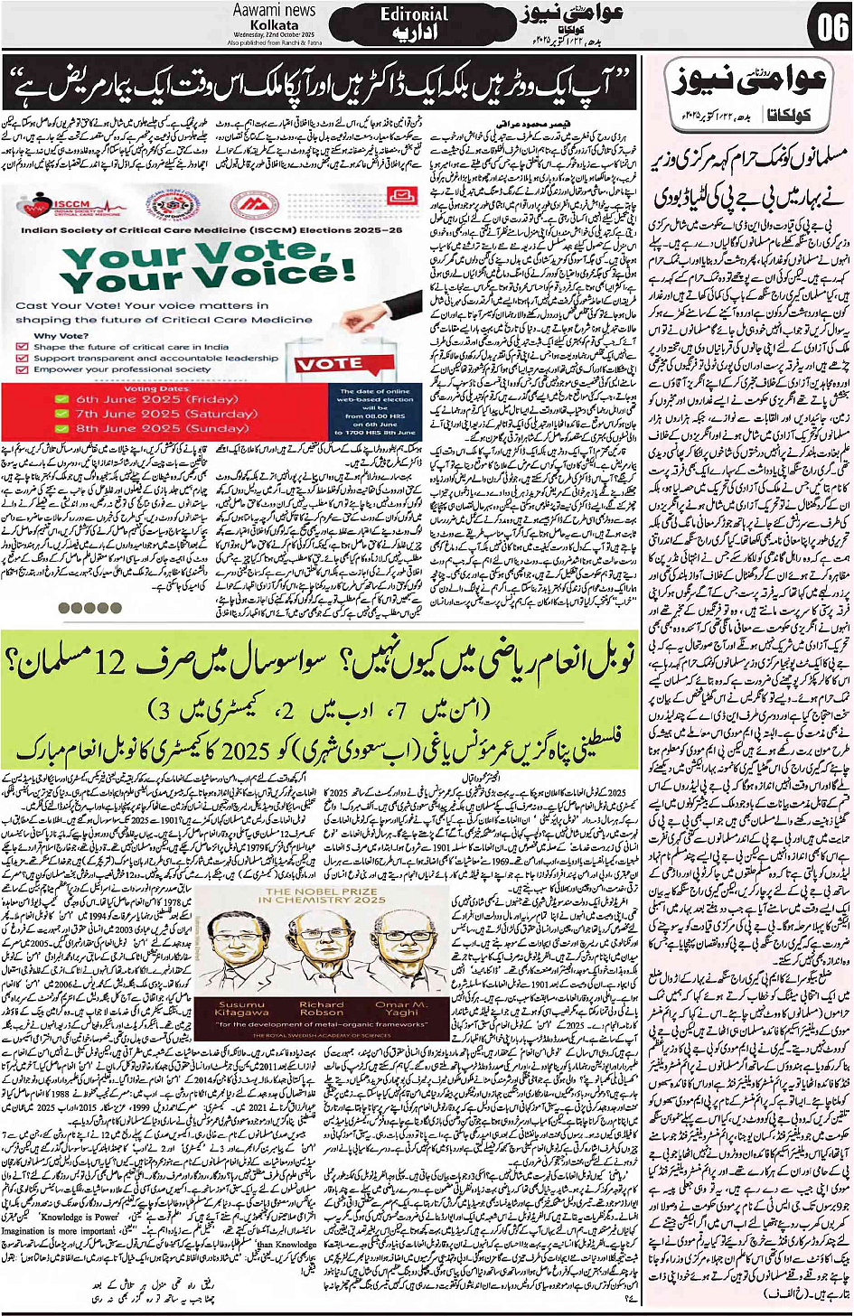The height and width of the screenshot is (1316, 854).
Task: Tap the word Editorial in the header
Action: pos(414,14)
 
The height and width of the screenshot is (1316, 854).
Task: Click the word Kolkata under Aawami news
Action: pos(274,25)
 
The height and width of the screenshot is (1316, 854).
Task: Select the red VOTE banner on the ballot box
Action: pos(329,364)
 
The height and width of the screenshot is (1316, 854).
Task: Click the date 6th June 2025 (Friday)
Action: pos(156,398)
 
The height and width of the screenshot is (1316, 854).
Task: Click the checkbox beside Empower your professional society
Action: pos(23,369)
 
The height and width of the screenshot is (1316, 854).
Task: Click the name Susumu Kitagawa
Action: pos(241,1009)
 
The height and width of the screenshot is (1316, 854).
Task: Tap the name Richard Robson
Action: pos(322,1009)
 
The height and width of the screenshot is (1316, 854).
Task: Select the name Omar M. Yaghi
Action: pos(401,1009)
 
